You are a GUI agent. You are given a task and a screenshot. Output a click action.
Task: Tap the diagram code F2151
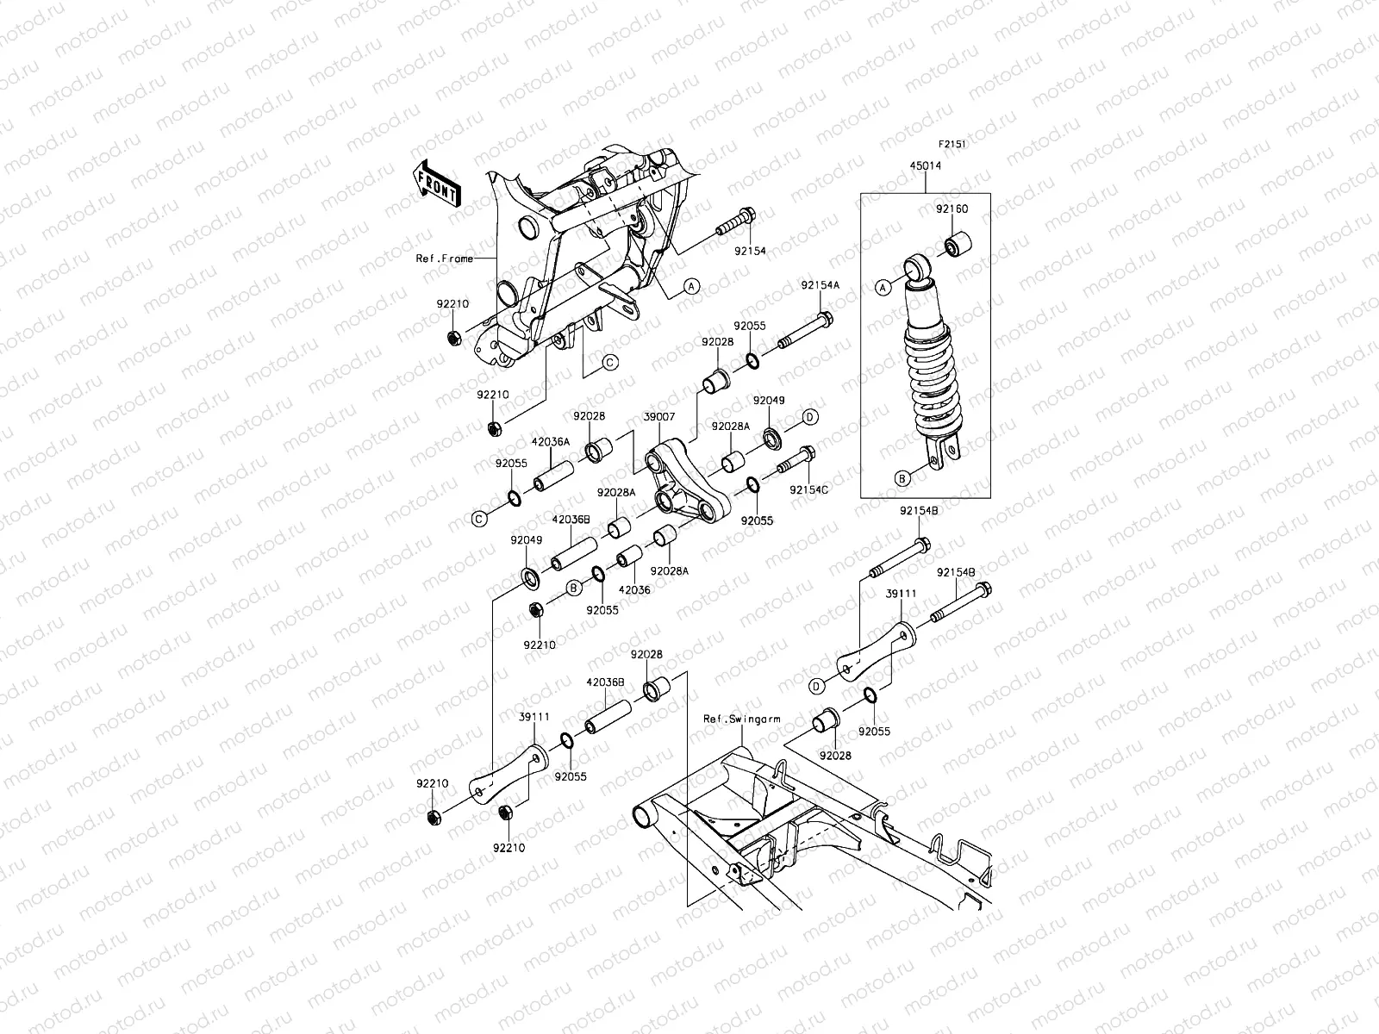[952, 146]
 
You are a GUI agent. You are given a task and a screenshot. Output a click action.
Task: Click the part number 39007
[658, 416]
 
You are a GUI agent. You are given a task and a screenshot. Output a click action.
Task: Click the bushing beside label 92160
[958, 245]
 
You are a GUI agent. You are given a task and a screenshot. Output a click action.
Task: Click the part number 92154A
[820, 285]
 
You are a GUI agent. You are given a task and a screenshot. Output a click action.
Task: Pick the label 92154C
[808, 489]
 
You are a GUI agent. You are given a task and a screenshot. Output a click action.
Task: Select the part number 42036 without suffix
[634, 590]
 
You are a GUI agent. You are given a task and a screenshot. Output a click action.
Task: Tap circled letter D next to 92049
[810, 417]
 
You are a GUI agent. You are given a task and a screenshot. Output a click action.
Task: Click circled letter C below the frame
[608, 362]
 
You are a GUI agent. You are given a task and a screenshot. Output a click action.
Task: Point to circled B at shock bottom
[902, 477]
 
